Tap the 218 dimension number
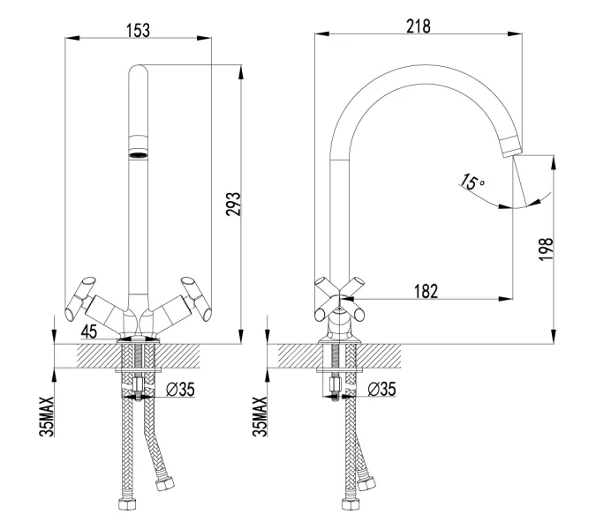418,26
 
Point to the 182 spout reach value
426,292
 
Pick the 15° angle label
472,183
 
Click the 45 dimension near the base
89,332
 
